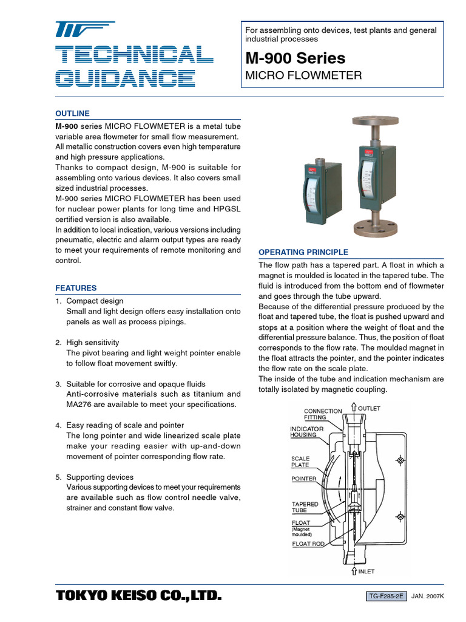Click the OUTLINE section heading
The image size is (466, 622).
pos(72,114)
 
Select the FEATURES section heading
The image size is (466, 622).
pos(76,288)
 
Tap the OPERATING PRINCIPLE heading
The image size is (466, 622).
pos(303,252)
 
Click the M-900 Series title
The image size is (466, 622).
pos(295,58)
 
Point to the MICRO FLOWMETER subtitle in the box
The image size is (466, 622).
pos(303,76)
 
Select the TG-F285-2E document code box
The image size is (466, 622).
pos(387,597)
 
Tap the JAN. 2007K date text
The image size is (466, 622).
pos(428,597)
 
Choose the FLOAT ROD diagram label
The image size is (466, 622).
pos(308,544)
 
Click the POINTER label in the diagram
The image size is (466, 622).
pos(303,479)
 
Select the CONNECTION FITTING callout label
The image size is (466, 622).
pos(323,414)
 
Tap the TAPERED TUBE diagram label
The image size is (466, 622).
pos(305,507)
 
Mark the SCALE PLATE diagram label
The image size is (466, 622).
pos(300,462)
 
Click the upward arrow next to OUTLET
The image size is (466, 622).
pos(353,408)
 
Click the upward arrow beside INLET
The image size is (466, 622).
pos(353,572)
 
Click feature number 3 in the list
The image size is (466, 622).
pos(58,384)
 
